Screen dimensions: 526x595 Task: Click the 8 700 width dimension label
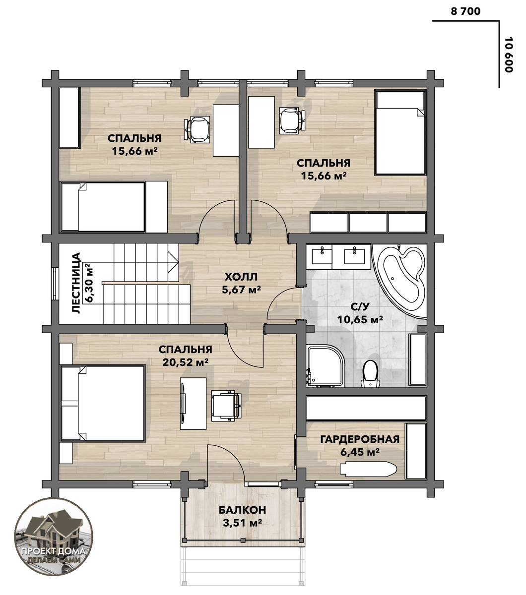pos(465,11)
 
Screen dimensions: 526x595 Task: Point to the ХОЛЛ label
pos(241,277)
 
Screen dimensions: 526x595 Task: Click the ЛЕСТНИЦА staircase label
pos(76,283)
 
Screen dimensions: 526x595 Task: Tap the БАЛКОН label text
pos(242,510)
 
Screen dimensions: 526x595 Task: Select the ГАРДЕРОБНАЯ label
pos(360,439)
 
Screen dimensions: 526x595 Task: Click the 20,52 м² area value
pos(185,362)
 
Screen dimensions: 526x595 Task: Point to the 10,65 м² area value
pos(360,319)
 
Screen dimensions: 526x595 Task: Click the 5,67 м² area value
pos(241,290)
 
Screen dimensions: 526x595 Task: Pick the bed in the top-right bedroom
pos(400,133)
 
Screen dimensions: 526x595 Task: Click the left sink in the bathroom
pos(322,256)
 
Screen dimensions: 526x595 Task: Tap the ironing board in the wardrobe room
pos(368,469)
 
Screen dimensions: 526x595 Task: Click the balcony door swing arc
pos(232,455)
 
